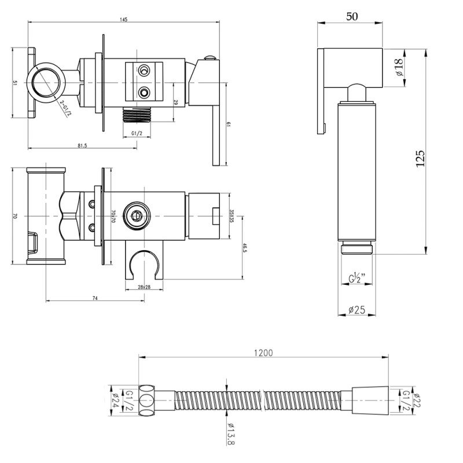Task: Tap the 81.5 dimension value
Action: [x=82, y=146]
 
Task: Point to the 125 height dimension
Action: [x=421, y=158]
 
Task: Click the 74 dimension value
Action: [x=94, y=297]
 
